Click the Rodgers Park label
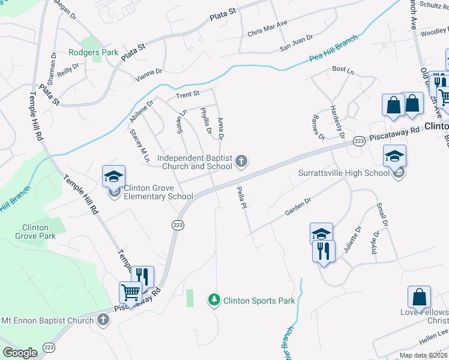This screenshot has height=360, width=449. (93, 52)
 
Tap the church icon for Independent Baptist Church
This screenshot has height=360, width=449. (241, 160)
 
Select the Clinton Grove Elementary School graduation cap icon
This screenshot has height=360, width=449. (113, 177)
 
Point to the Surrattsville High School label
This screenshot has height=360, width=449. (344, 173)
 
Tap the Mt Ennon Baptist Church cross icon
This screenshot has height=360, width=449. (103, 320)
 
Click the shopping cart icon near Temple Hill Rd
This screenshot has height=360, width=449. (130, 293)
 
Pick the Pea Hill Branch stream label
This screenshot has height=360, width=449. (333, 48)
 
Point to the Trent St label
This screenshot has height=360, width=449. (187, 94)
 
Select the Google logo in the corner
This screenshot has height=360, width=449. (20, 353)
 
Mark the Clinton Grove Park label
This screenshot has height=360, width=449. (39, 232)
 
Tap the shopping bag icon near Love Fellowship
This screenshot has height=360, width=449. (419, 297)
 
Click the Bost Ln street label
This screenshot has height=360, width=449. (343, 71)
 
